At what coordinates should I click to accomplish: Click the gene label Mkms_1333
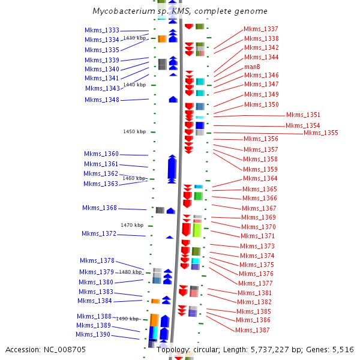[102, 30]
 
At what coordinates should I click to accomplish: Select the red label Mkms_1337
[261, 29]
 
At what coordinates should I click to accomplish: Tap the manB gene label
[252, 67]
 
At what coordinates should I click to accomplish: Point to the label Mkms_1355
[321, 133]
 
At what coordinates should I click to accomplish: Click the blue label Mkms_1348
[102, 100]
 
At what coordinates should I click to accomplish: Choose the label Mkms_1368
[100, 208]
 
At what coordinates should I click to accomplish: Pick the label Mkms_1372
[99, 233]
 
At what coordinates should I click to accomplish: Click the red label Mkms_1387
[253, 330]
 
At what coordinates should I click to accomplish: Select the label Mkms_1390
[93, 334]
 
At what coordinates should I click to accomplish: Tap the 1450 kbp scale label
[134, 131]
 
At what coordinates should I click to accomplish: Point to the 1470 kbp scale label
[132, 225]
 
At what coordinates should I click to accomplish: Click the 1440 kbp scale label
[134, 85]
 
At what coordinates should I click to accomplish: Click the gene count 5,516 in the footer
[341, 349]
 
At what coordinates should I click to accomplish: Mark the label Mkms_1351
[303, 115]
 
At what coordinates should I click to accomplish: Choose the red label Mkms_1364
[260, 178]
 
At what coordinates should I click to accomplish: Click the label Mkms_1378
[97, 260]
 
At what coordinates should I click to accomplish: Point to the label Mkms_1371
[258, 236]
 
